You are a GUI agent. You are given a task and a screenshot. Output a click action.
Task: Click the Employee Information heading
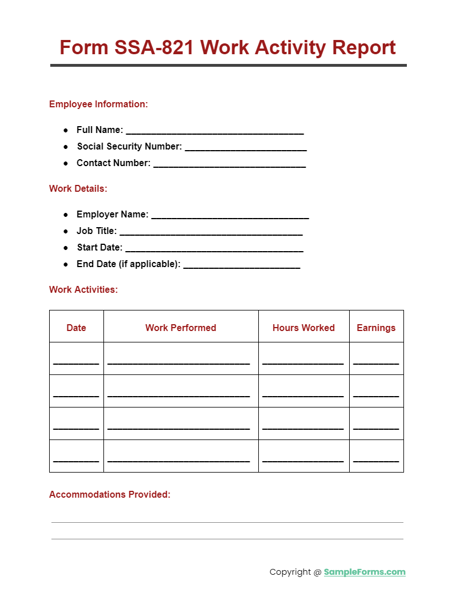(x=98, y=104)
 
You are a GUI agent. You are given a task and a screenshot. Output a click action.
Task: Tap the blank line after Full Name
(x=214, y=131)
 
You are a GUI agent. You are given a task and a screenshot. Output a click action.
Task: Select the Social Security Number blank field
(x=246, y=148)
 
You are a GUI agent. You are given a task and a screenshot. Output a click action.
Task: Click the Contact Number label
(x=113, y=163)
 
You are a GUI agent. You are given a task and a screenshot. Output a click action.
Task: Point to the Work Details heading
(x=78, y=188)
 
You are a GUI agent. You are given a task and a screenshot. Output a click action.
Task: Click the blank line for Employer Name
(x=230, y=216)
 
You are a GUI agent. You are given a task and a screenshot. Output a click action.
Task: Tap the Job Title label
(x=97, y=231)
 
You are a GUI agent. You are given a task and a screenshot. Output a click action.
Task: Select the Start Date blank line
(x=214, y=249)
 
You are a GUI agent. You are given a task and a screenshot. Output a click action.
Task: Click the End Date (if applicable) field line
(x=242, y=265)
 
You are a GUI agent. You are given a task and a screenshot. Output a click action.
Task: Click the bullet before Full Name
(x=66, y=130)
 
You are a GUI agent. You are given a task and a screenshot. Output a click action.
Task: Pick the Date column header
(x=76, y=328)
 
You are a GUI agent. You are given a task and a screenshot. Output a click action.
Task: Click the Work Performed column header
(x=181, y=328)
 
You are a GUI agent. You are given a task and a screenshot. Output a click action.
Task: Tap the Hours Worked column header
(x=303, y=328)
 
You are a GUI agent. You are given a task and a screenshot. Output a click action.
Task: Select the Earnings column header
(x=376, y=328)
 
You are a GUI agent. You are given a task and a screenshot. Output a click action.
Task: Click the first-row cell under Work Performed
(x=181, y=359)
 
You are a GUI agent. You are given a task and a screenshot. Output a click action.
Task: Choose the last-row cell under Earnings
(x=376, y=457)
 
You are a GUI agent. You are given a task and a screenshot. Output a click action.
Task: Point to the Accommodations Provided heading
(x=110, y=494)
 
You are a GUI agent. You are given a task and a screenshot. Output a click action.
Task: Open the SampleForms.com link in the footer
(x=365, y=572)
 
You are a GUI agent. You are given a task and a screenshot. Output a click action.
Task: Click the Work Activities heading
(x=83, y=289)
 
